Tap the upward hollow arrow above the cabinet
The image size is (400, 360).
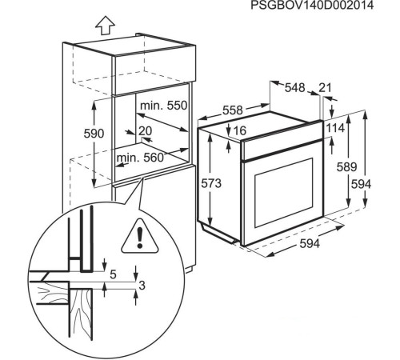pos(103,25)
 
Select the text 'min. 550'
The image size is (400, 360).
pos(163,106)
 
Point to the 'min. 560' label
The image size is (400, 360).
pos(141,158)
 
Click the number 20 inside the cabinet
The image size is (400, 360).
pos(145,130)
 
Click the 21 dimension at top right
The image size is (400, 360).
pos(325,88)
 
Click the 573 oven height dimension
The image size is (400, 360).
pos(211,183)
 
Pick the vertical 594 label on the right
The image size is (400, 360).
pos(362,184)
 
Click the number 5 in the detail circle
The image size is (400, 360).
pos(112,274)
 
